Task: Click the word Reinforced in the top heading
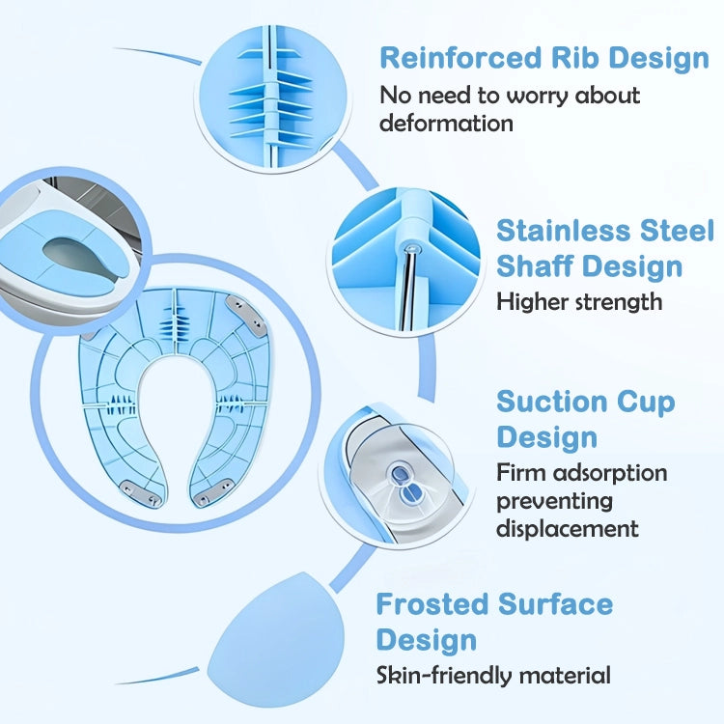460,58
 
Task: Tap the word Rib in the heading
574,58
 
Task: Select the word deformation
446,124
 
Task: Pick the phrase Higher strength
579,302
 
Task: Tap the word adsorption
610,474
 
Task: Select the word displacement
568,528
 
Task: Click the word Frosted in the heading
432,604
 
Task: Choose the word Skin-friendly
444,676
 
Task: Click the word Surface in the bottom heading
555,604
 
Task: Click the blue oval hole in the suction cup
400,474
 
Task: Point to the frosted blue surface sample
277,639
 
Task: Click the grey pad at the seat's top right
246,315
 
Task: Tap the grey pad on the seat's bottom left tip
139,492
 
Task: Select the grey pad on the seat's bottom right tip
213,492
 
